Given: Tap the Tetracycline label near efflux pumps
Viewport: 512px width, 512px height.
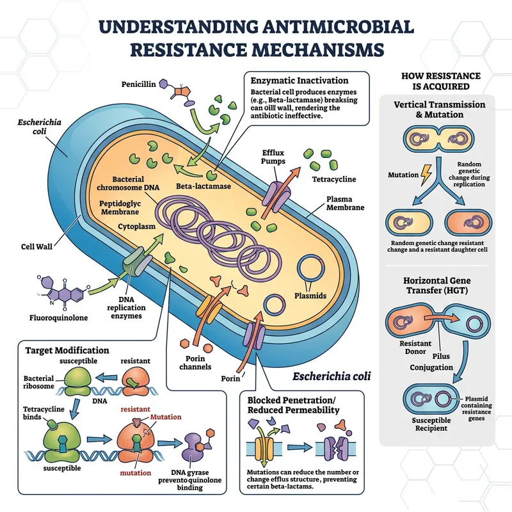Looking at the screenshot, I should click(334, 179).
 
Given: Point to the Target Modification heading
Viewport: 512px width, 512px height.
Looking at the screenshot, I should click(67, 351).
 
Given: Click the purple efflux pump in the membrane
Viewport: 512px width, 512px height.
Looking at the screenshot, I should click(277, 193).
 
